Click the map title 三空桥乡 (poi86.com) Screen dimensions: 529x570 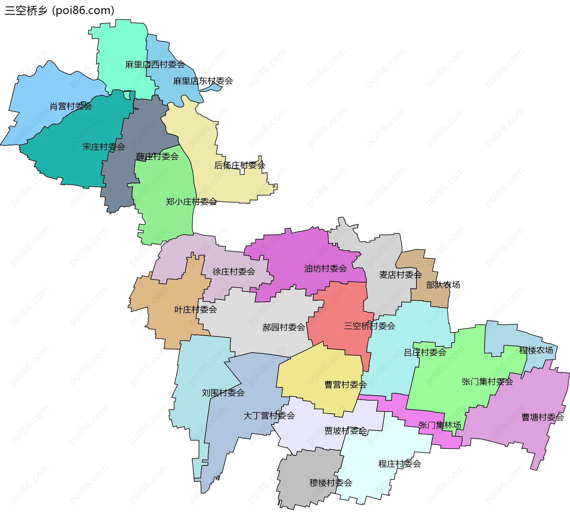(x=59, y=10)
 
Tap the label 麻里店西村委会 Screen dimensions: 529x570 (x=155, y=64)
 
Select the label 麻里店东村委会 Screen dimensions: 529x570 (x=203, y=81)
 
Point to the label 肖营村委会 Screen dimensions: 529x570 (x=71, y=106)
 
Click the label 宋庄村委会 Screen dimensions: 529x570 (x=104, y=147)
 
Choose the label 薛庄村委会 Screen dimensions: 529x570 (x=157, y=156)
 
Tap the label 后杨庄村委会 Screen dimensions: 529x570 (x=240, y=165)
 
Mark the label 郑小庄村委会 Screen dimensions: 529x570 (x=191, y=202)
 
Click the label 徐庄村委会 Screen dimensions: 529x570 (x=234, y=271)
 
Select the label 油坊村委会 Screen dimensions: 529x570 (x=325, y=269)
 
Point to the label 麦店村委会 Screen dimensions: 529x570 (x=400, y=275)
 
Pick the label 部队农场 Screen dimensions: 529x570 (x=443, y=285)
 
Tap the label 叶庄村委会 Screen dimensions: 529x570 (x=196, y=310)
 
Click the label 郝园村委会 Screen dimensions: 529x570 (x=284, y=327)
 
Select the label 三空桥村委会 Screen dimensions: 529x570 (x=370, y=326)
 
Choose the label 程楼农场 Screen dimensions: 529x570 (x=536, y=350)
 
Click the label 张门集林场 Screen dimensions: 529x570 (x=440, y=425)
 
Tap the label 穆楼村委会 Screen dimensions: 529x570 (x=331, y=483)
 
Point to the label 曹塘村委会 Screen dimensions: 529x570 (x=543, y=417)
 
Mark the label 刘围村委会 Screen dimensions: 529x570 (x=223, y=393)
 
